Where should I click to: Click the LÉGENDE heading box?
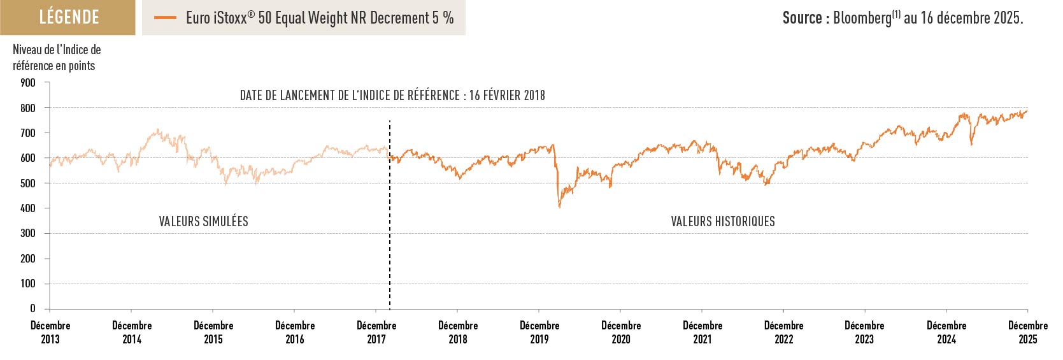[x=68, y=17]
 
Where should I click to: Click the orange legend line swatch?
[x=165, y=18]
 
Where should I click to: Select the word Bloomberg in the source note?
[x=862, y=18]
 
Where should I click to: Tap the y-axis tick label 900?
[x=27, y=83]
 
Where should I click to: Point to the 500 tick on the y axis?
[x=27, y=184]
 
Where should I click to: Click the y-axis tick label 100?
[x=27, y=284]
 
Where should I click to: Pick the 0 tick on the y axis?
[x=32, y=308]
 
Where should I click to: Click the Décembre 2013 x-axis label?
[x=50, y=332]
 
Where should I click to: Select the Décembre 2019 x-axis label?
[x=539, y=332]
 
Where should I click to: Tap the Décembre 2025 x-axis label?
[x=1027, y=332]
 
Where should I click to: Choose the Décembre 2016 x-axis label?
[x=295, y=332]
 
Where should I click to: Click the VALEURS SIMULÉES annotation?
[x=203, y=222]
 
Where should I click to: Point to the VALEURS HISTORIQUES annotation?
[x=723, y=222]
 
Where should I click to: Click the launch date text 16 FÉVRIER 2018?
[x=507, y=96]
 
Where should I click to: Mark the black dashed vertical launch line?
[x=390, y=255]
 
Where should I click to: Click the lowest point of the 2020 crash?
[x=559, y=207]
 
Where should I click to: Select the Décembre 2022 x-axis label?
[x=783, y=332]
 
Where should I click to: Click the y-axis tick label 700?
[x=27, y=133]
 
